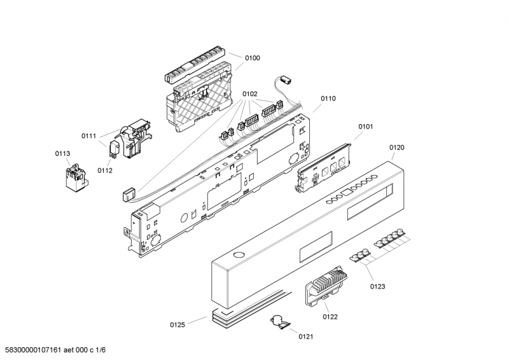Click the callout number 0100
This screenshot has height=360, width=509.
252,59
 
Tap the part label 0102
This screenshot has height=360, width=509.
249,94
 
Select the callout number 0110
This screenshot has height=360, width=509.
328,99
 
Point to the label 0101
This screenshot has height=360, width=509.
365,127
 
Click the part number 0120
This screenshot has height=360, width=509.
396,148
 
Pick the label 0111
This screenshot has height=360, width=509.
88,136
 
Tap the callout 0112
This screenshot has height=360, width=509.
105,170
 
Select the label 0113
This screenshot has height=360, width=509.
62,153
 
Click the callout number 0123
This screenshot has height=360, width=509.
377,287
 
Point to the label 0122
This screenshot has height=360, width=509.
330,316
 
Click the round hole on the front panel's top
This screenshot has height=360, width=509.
239,254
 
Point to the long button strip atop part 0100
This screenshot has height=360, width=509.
196,66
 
